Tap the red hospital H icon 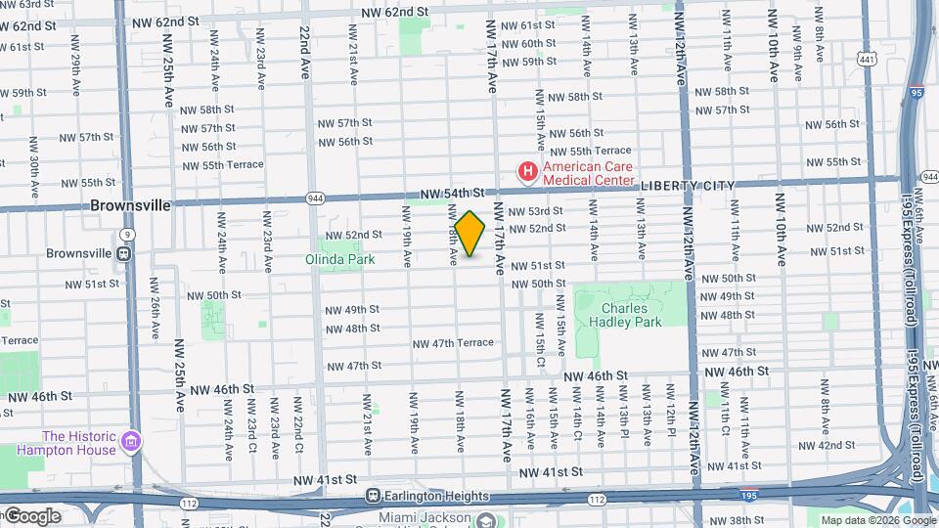[528, 173]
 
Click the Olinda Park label [339, 261]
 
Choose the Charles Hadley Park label [631, 315]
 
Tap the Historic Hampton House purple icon [129, 444]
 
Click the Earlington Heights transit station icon [372, 496]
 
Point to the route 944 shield [314, 197]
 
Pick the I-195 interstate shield [748, 496]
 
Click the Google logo [31, 516]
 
